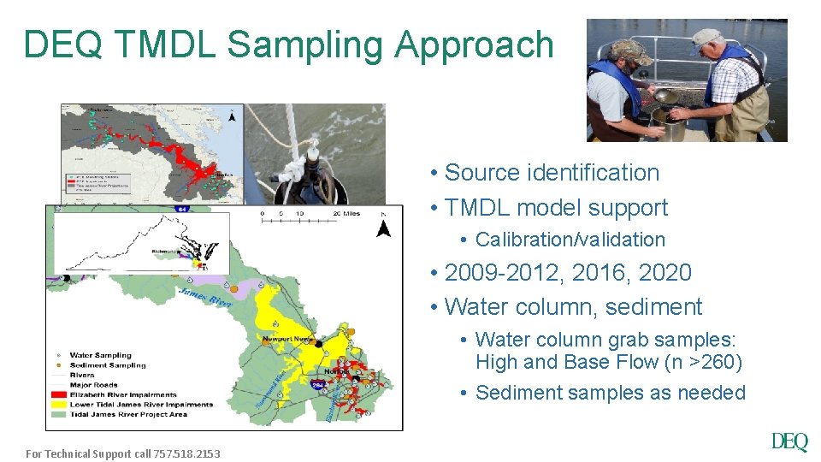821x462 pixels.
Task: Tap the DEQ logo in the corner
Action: (x=789, y=441)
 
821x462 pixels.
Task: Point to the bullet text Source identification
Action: (x=552, y=172)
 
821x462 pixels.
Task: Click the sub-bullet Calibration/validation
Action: (x=570, y=240)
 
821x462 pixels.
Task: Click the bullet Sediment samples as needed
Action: (x=610, y=393)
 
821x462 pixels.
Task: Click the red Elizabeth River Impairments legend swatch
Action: (x=58, y=394)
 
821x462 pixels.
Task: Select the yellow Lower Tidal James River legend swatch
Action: (x=58, y=405)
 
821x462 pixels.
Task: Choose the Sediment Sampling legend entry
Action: (x=107, y=365)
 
